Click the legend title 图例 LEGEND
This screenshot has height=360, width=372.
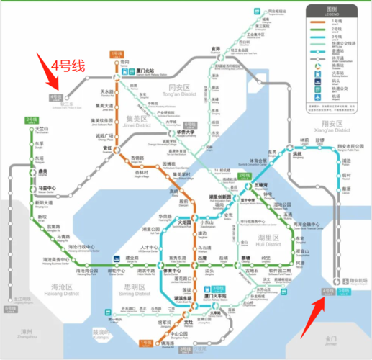[x=332, y=11]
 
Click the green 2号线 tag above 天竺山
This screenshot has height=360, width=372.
[x=32, y=120]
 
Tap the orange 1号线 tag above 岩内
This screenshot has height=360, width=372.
[x=117, y=53]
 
